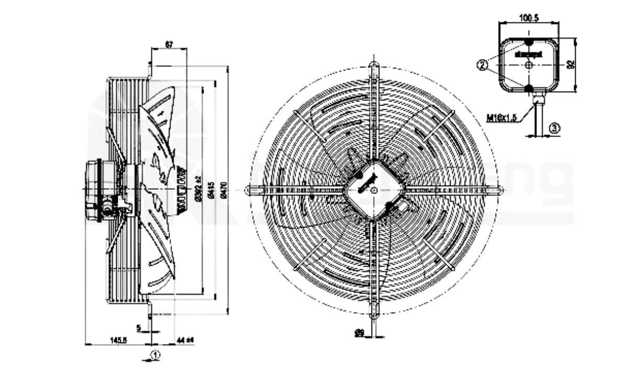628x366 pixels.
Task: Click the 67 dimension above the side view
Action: coord(169,44)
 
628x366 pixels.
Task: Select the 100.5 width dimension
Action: coord(529,18)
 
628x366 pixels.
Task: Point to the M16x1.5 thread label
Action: coord(501,118)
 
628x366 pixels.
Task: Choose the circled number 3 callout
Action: coord(555,128)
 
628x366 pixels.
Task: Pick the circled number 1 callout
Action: coord(155,355)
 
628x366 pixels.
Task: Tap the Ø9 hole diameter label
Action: coord(359,332)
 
